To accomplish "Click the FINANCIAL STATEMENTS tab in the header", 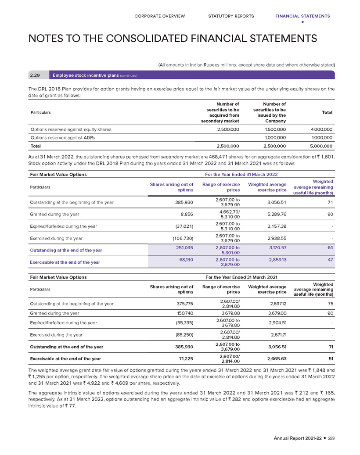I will (302, 16).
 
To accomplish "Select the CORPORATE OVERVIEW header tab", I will (160, 16).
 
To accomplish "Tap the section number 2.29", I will (35, 75).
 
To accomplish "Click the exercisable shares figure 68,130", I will (186, 260).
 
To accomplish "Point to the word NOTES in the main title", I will (47, 38).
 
